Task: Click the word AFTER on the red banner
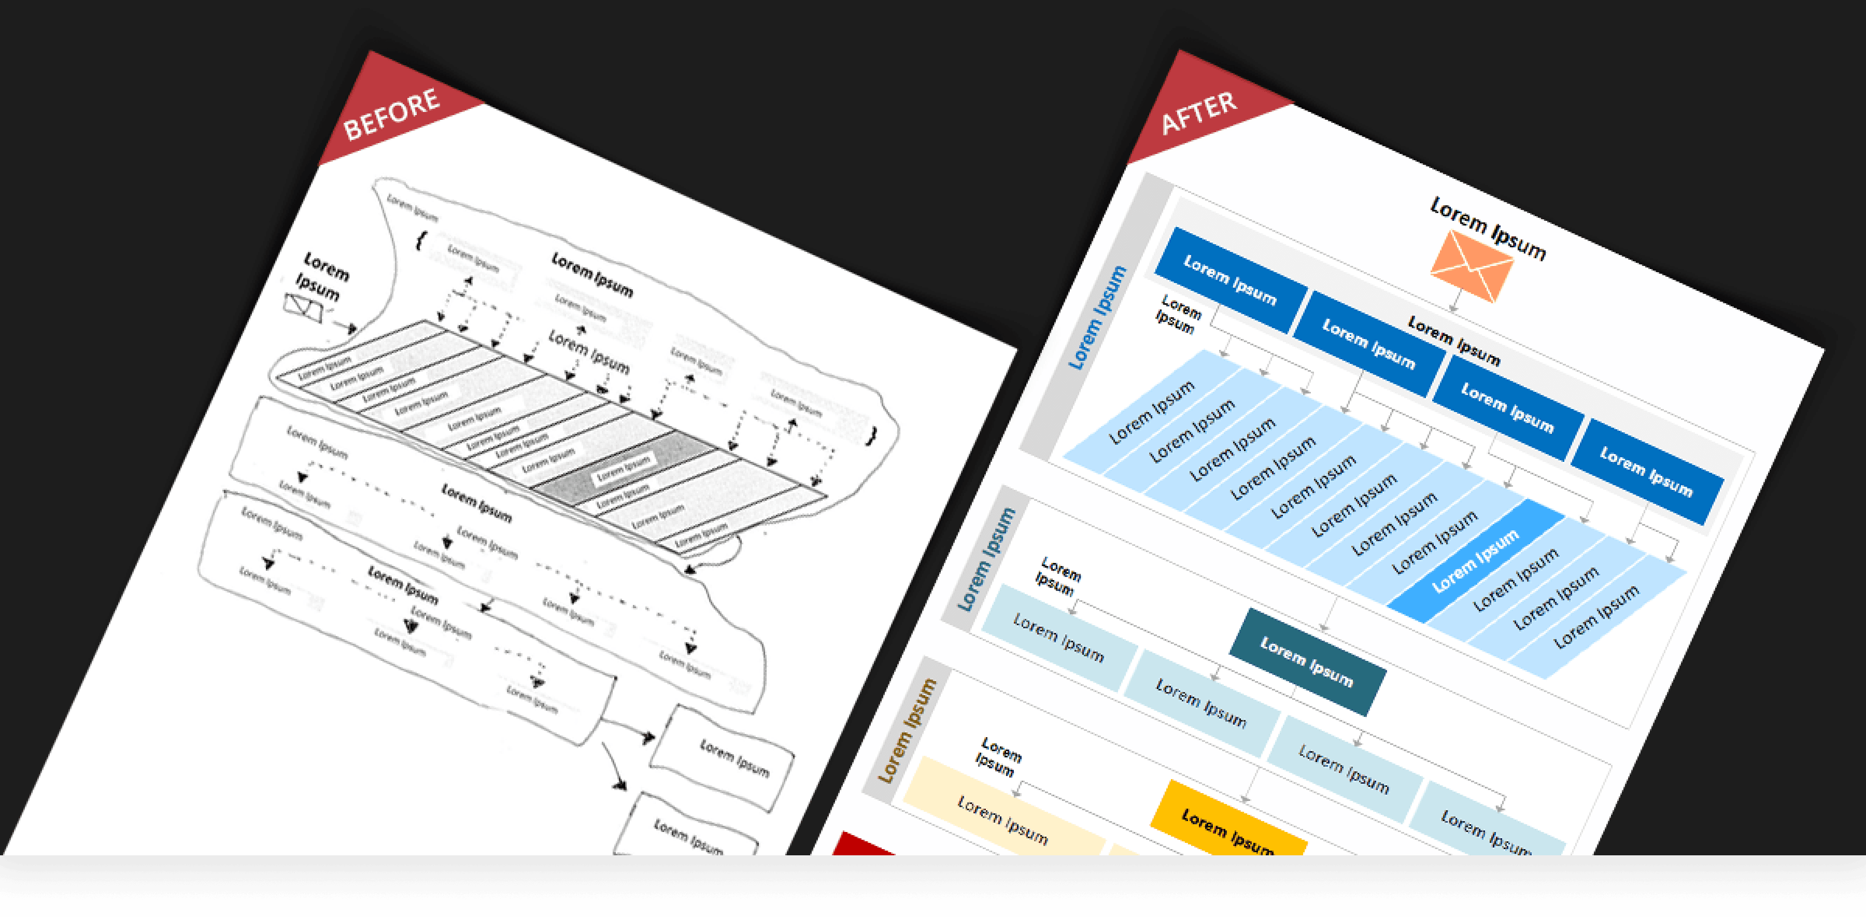click(x=1199, y=113)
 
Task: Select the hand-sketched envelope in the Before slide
click(x=302, y=307)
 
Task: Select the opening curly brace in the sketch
click(x=421, y=240)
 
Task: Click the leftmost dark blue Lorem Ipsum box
click(x=1230, y=279)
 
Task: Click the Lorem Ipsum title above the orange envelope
click(x=1488, y=228)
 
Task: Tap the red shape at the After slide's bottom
click(x=862, y=844)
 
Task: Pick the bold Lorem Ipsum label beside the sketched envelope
click(x=322, y=276)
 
